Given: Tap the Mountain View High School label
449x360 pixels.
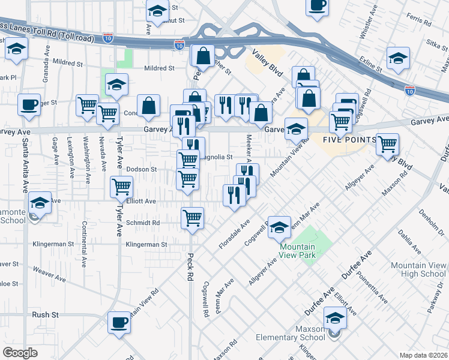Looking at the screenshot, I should click(x=418, y=269).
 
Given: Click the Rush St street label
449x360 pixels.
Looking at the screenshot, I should click(x=45, y=314).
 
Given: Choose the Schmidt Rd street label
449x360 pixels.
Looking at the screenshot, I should click(x=143, y=223).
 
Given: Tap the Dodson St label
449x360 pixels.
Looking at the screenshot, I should click(x=141, y=170).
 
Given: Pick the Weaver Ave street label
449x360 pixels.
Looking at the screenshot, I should click(x=49, y=275).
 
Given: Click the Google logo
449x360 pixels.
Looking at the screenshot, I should click(x=20, y=353).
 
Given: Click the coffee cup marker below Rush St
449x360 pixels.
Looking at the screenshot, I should click(x=119, y=322).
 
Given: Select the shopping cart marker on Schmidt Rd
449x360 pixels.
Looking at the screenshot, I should click(x=193, y=217).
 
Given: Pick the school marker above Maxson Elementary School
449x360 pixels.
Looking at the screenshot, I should click(x=335, y=317).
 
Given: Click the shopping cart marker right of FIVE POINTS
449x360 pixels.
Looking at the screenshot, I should click(x=387, y=143).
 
